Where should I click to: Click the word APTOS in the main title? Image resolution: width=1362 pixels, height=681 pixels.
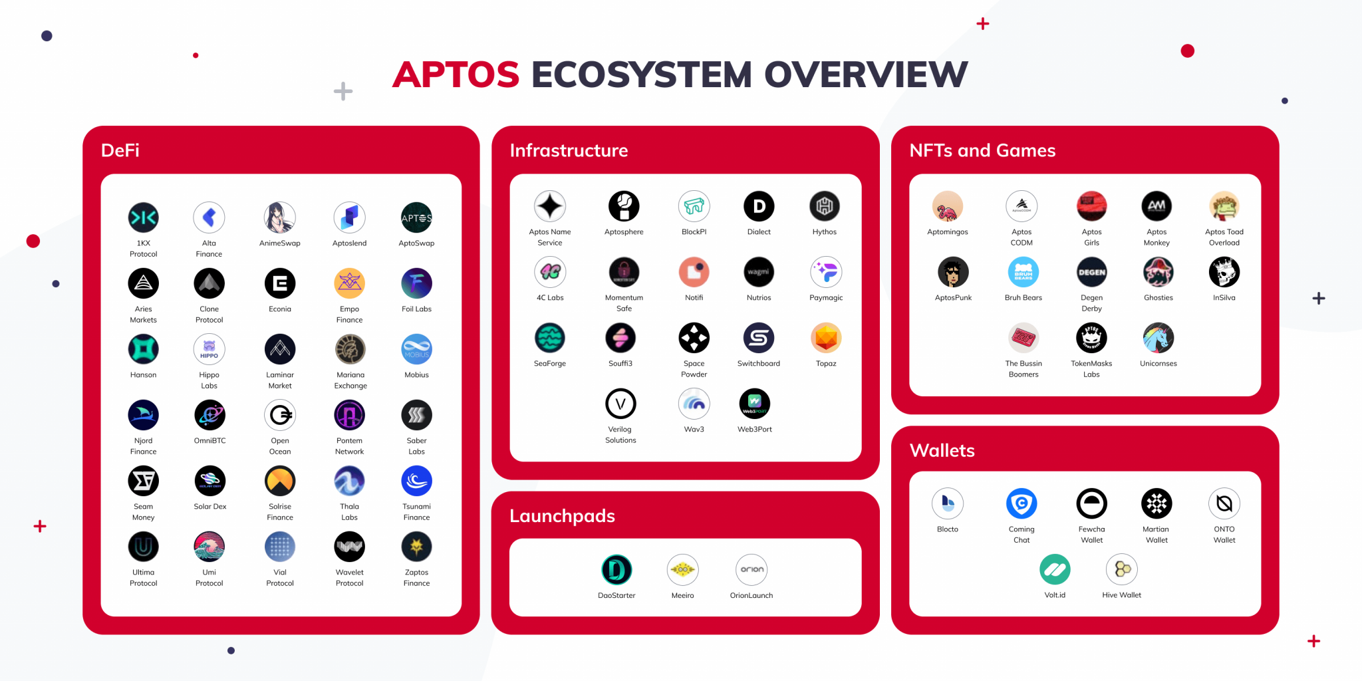(456, 74)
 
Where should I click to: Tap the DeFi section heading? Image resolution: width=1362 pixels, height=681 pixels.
(120, 150)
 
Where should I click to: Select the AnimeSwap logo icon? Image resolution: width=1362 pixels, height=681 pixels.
(280, 217)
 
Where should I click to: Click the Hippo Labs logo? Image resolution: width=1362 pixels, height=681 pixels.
(209, 349)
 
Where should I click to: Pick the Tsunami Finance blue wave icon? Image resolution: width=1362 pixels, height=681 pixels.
(416, 481)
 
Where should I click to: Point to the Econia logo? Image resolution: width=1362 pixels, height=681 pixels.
(280, 283)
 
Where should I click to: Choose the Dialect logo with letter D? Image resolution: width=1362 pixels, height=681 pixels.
(759, 206)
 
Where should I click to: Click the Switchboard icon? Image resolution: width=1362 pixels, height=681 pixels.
(759, 338)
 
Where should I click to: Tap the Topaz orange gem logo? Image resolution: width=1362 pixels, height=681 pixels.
(826, 338)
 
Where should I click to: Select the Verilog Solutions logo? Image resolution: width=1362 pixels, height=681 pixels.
(620, 404)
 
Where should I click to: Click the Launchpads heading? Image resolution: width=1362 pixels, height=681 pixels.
(562, 516)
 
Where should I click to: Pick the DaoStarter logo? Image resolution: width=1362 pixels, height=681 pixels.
(616, 570)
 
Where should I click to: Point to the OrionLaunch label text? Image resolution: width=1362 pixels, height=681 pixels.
(751, 595)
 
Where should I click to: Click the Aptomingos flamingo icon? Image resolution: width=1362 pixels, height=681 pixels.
(948, 206)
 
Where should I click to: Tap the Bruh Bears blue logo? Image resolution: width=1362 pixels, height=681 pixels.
(1023, 272)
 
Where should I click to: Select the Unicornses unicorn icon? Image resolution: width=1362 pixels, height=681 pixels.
(1158, 338)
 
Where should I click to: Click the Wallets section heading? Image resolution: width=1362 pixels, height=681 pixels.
(942, 451)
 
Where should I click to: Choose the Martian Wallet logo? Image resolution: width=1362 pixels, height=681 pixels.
(1157, 503)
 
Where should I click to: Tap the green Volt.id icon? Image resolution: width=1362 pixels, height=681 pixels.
(1055, 569)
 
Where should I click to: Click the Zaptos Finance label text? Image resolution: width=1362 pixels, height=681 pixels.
(416, 577)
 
